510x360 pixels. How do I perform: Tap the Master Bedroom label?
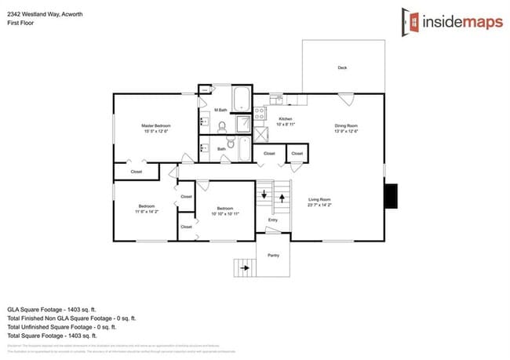[x=156, y=125]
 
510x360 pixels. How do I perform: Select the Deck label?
[x=342, y=68]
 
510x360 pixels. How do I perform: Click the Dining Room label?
[x=346, y=125]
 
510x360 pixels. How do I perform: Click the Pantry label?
[x=273, y=255]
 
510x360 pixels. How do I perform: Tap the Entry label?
[x=273, y=220]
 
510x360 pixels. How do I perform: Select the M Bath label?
[x=222, y=111]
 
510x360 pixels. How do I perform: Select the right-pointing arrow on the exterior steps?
[x=246, y=267]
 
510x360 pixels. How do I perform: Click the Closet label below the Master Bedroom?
[x=136, y=171]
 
